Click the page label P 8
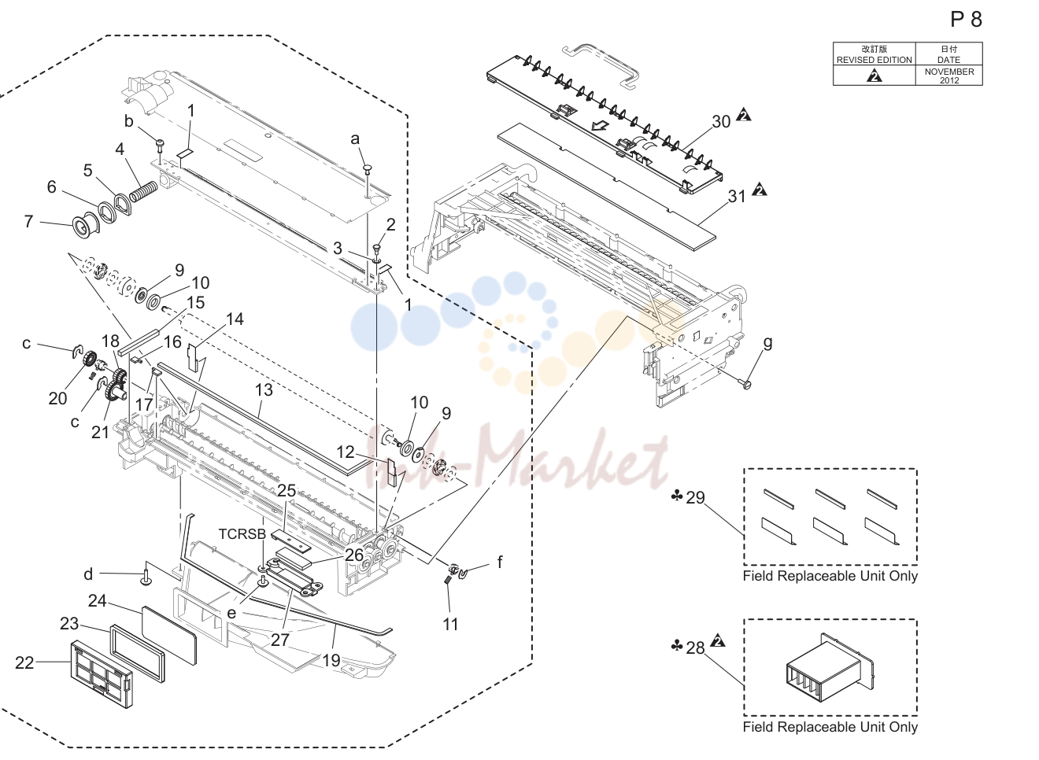coord(966,20)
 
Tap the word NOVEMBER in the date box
coord(949,72)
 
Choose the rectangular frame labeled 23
coord(137,654)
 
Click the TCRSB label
coord(242,534)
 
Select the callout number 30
coord(721,121)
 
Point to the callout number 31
coord(737,197)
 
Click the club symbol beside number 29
coord(677,496)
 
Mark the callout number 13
coord(264,390)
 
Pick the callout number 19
coord(331,660)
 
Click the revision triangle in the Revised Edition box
coord(874,75)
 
